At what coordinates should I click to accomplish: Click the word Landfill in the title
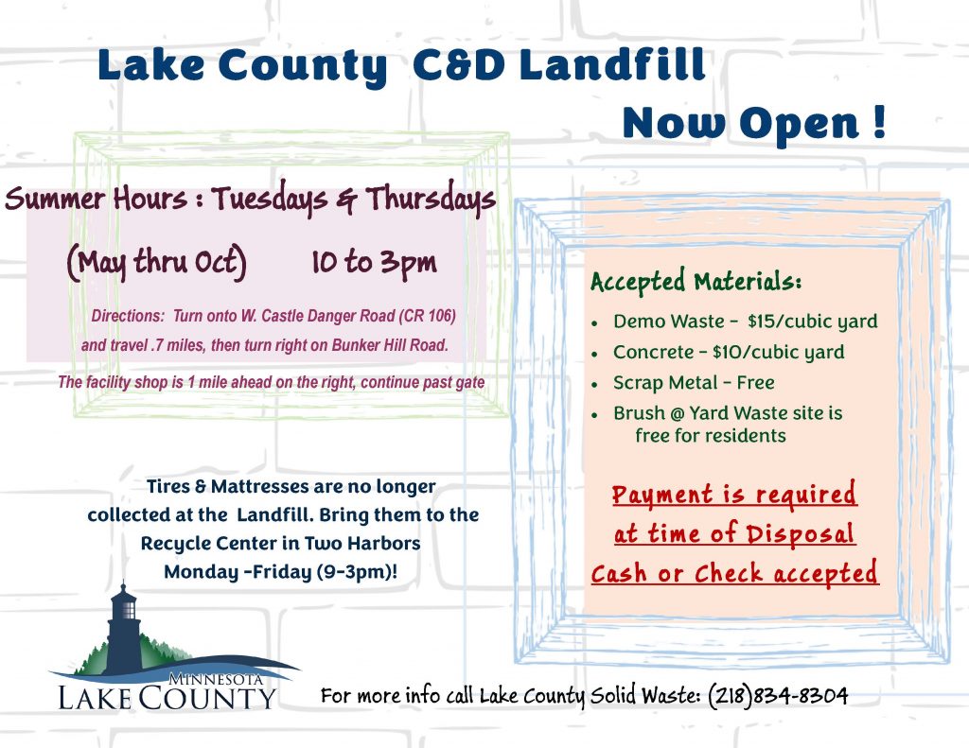pos(612,65)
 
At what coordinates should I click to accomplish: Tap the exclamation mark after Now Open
pos(880,121)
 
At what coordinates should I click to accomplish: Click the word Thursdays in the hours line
pos(431,199)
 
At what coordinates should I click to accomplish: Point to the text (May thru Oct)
pos(157,263)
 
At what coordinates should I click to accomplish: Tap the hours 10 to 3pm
pos(374,262)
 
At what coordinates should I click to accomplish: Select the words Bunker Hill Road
pos(390,344)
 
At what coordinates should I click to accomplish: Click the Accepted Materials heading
pos(696,282)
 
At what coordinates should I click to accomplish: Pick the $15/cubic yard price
pos(812,322)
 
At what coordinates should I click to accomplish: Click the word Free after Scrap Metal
pos(755,382)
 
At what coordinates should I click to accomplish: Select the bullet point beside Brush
pos(594,415)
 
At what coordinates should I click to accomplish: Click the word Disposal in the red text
pos(801,533)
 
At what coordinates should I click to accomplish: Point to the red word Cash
pos(619,573)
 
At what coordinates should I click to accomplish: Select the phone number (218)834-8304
pos(778,695)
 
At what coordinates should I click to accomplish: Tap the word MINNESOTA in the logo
pos(216,679)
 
